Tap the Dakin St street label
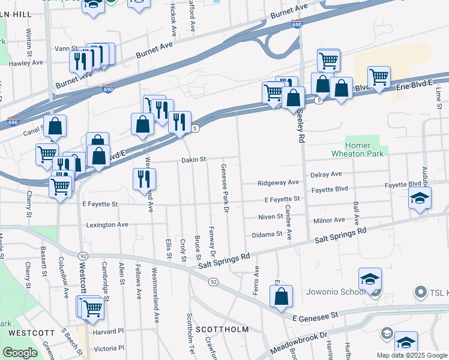pyautogui.click(x=194, y=160)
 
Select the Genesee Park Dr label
pyautogui.click(x=226, y=188)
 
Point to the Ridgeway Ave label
pyautogui.click(x=278, y=182)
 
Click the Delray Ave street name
pyautogui.click(x=326, y=174)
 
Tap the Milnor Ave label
pyautogui.click(x=329, y=220)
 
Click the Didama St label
pyautogui.click(x=267, y=235)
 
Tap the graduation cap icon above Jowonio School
pyautogui.click(x=370, y=279)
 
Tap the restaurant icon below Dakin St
pyautogui.click(x=144, y=179)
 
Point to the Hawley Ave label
pyautogui.click(x=26, y=62)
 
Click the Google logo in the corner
pyautogui.click(x=20, y=353)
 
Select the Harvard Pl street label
pyautogui.click(x=108, y=331)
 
